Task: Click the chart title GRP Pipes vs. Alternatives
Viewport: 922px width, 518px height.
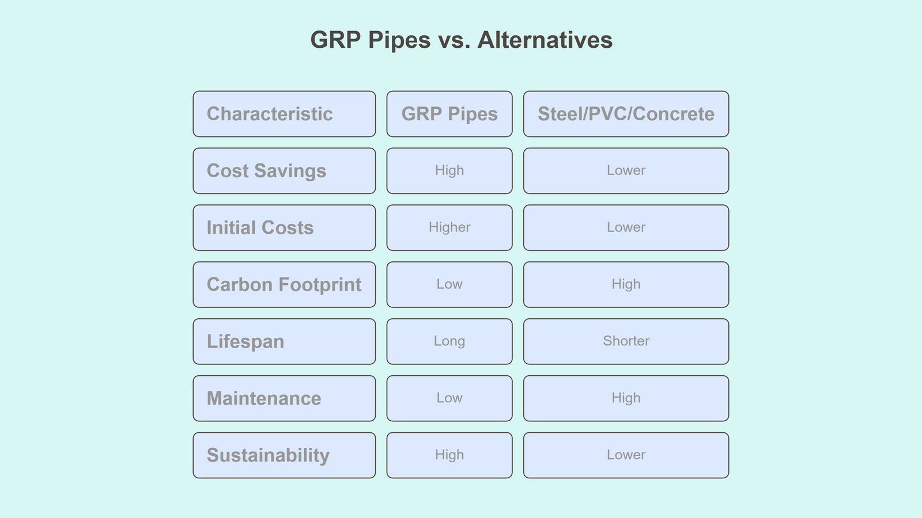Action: [x=461, y=40]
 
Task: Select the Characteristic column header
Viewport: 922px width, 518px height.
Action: [x=284, y=114]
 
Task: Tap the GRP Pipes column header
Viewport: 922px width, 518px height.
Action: [x=449, y=114]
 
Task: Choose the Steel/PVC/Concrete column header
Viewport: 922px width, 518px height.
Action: [x=626, y=114]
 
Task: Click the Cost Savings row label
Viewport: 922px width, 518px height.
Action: [x=284, y=171]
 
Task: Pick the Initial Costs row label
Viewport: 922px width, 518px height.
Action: [x=284, y=228]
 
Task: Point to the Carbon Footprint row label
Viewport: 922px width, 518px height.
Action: [x=284, y=285]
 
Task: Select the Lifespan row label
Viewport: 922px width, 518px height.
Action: [x=284, y=341]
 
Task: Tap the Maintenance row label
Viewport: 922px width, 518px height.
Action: [x=284, y=398]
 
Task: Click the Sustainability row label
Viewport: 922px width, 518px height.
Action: [x=284, y=455]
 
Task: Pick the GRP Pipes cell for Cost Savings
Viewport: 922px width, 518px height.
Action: [x=449, y=171]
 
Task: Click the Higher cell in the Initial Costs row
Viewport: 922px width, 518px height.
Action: [x=449, y=228]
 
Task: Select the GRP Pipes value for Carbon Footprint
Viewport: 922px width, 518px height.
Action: [x=449, y=285]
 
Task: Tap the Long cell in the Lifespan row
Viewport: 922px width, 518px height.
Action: [x=449, y=341]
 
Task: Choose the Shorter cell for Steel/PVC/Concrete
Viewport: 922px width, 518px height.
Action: [x=626, y=341]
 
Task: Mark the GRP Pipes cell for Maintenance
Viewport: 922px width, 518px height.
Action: [x=449, y=398]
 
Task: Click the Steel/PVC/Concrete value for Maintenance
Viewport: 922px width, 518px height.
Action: [x=626, y=398]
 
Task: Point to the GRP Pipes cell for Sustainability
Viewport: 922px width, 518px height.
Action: [x=449, y=455]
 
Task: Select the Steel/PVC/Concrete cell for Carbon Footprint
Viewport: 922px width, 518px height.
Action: [x=626, y=285]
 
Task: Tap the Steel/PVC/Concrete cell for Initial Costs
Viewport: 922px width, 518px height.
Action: [x=626, y=228]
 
